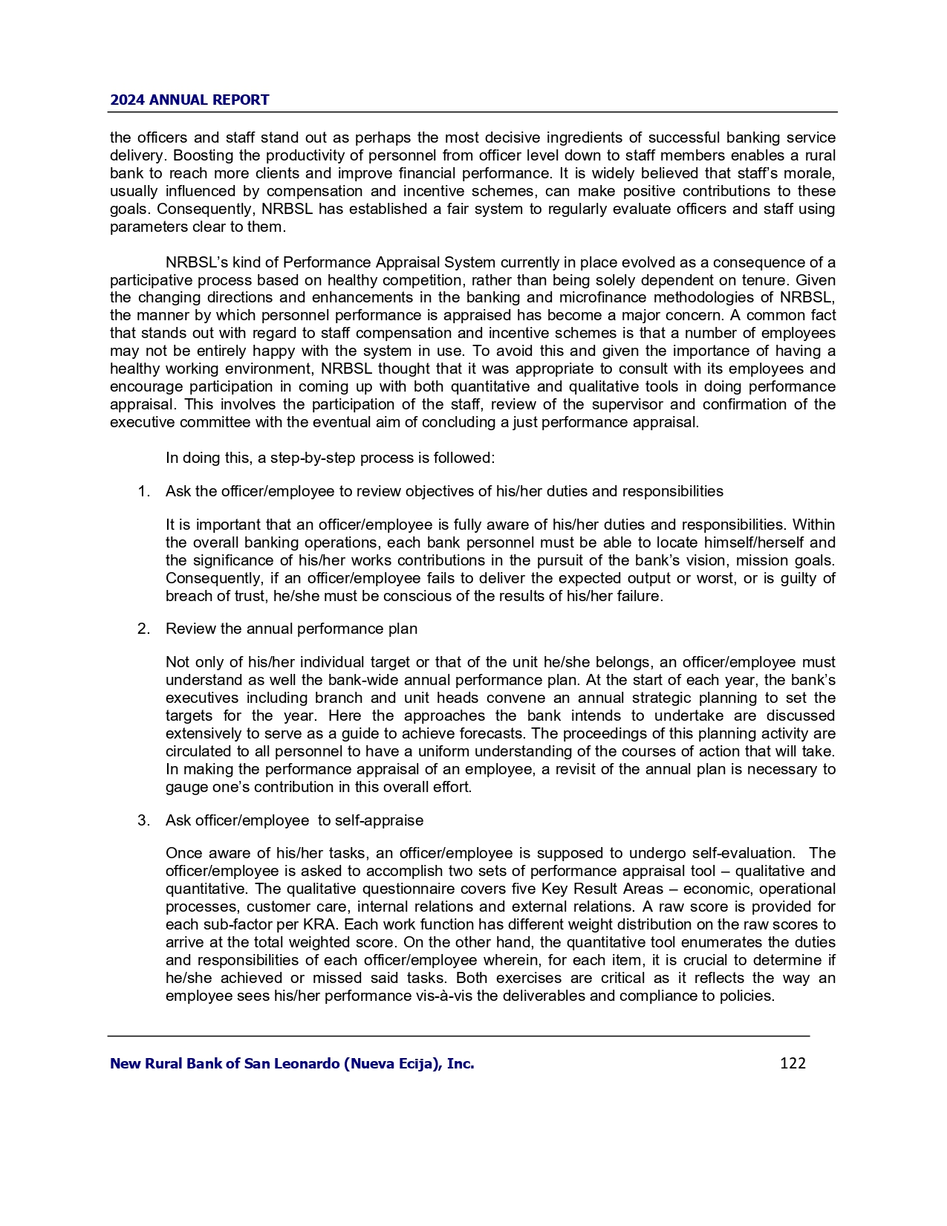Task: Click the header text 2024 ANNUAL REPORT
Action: (189, 100)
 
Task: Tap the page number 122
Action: (793, 1063)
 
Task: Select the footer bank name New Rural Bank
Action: (292, 1063)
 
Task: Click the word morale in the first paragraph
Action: (811, 173)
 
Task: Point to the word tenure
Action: (766, 280)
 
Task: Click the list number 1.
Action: (143, 491)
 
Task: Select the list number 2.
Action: (143, 629)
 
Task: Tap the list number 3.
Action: (143, 820)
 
